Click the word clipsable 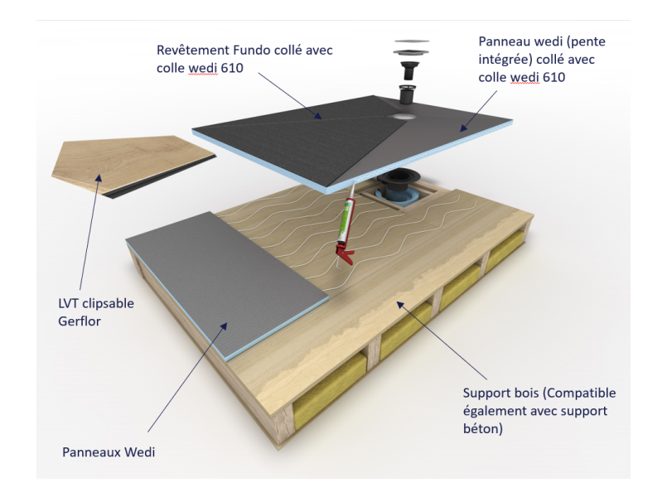[x=108, y=303]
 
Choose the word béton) [x=483, y=429]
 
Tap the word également [x=493, y=411]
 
